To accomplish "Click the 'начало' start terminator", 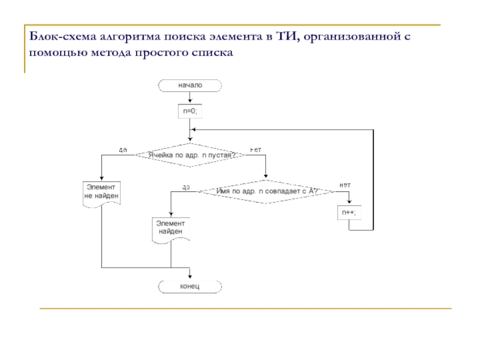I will tap(190, 86).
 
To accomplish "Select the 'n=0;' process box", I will tap(190, 112).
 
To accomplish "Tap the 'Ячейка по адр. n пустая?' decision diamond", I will tap(190, 155).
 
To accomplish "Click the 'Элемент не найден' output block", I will tap(101, 193).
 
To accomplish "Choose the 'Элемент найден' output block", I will tap(171, 229).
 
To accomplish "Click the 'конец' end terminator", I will tap(190, 286).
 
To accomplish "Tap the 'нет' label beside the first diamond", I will tap(256, 149).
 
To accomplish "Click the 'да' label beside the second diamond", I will tap(187, 187).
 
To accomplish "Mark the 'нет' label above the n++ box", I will tap(345, 185).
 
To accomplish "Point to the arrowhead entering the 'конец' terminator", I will tap(190, 277).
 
